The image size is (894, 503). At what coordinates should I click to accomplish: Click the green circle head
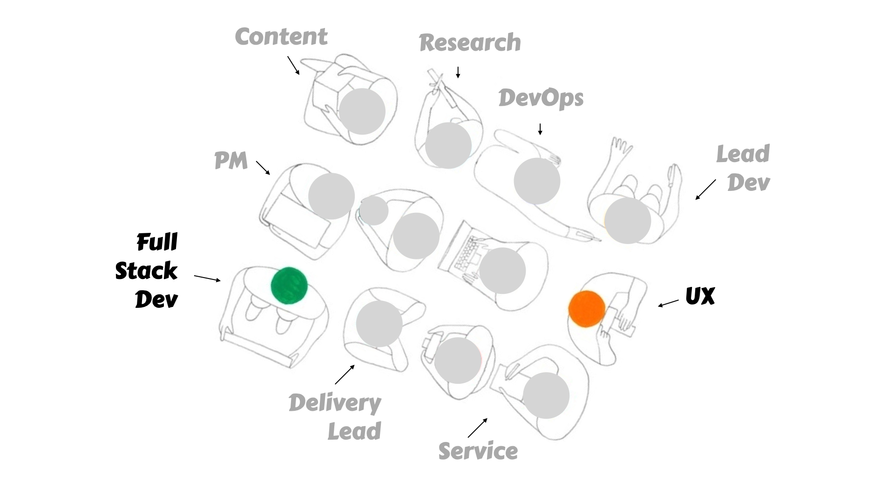289,285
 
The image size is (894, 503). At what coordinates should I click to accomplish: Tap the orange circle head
587,309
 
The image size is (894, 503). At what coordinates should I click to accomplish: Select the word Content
281,37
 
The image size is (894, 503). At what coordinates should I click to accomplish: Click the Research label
470,43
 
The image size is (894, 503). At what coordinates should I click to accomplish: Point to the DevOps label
541,98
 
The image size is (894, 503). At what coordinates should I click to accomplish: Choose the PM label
231,161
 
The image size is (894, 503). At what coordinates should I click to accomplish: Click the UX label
700,296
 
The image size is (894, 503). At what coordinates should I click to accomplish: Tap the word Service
478,451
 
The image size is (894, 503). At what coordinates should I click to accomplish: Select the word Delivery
335,403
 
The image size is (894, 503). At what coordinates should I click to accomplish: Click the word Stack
146,271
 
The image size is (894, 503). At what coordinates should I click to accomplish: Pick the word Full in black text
157,242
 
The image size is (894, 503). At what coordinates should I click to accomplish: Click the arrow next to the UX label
668,303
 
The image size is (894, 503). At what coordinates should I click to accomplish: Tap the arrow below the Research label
458,72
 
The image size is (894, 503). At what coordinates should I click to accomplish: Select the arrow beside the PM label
263,168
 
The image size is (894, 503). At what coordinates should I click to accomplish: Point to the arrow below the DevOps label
540,129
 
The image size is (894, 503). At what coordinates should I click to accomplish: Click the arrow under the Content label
293,66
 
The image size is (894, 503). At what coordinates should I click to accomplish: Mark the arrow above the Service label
478,428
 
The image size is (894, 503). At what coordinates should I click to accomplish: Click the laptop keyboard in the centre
466,254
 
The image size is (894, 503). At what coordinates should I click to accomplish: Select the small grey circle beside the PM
373,211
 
